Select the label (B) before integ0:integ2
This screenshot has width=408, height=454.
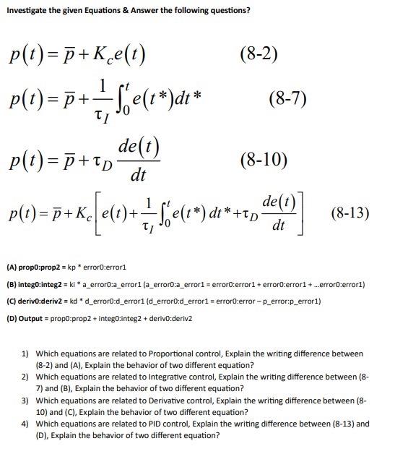click(13, 285)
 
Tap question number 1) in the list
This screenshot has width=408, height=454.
click(25, 354)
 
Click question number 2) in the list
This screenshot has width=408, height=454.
click(25, 377)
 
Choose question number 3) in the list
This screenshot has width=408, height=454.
click(25, 401)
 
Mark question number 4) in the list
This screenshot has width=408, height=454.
click(25, 424)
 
